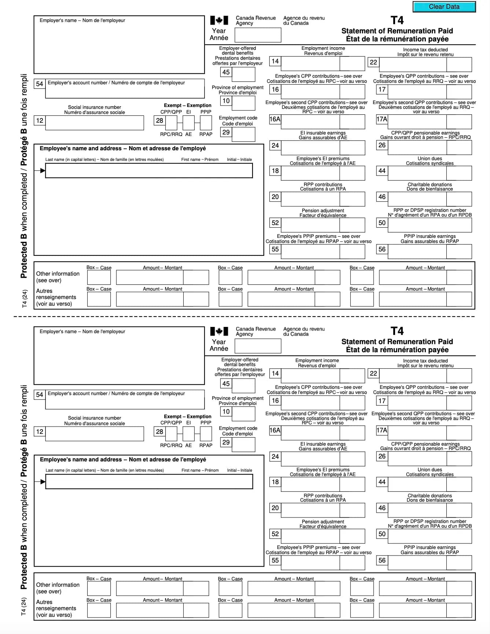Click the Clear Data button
pyautogui.click(x=444, y=7)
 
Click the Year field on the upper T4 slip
pyautogui.click(x=258, y=35)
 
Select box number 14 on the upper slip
pyautogui.click(x=275, y=61)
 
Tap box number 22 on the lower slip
pyautogui.click(x=373, y=373)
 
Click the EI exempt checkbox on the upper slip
pyautogui.click(x=188, y=123)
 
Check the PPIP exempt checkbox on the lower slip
pyautogui.click(x=206, y=434)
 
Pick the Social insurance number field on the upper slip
pyautogui.click(x=95, y=123)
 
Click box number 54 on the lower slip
pyautogui.click(x=40, y=395)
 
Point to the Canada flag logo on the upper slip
pyautogui.click(x=219, y=21)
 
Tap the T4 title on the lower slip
pyautogui.click(x=397, y=331)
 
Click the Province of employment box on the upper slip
pyautogui.click(x=243, y=103)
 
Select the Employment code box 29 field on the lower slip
pyautogui.click(x=243, y=445)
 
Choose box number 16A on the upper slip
pyautogui.click(x=275, y=119)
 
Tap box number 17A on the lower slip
pyautogui.click(x=382, y=430)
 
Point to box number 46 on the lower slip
pyautogui.click(x=382, y=508)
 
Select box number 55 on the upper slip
pyautogui.click(x=275, y=249)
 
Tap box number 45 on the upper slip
pyautogui.click(x=226, y=72)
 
